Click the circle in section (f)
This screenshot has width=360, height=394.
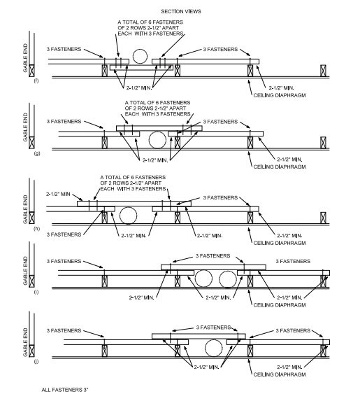coord(140,57)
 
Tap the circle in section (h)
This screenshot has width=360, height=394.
coord(127,213)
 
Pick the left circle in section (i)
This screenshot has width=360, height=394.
coord(204,279)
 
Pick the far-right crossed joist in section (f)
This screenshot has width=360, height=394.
coord(322,71)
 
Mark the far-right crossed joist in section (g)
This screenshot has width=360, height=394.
coord(322,142)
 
